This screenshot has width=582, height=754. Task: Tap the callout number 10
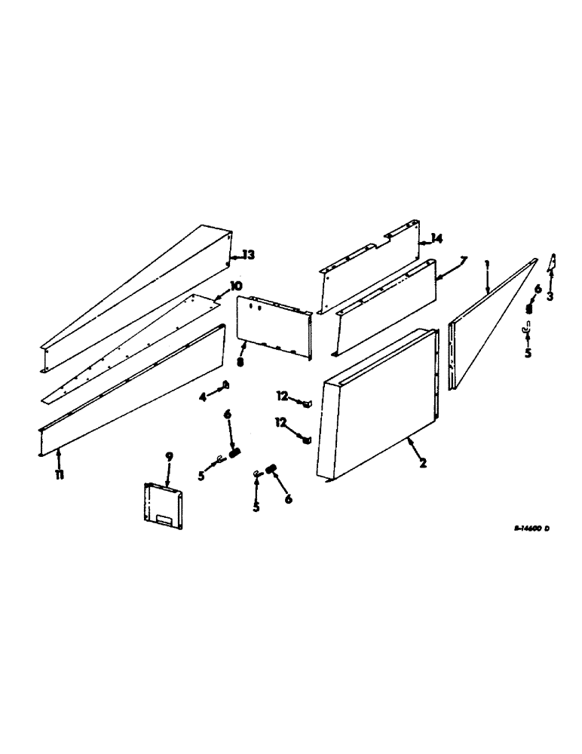(x=236, y=287)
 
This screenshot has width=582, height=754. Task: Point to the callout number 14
(x=435, y=239)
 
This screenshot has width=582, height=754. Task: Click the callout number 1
(x=487, y=265)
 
